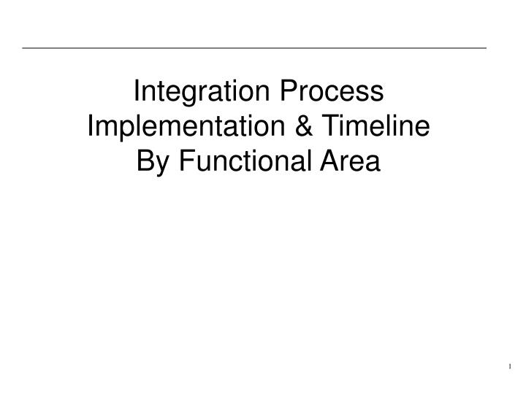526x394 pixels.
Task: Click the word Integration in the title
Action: (197, 93)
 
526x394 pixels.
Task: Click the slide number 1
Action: (510, 365)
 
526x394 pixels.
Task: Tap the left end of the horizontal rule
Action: (23, 48)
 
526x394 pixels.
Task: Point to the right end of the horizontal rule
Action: (485, 48)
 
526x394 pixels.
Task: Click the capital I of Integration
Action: (140, 93)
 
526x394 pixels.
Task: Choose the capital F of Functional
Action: (181, 160)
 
